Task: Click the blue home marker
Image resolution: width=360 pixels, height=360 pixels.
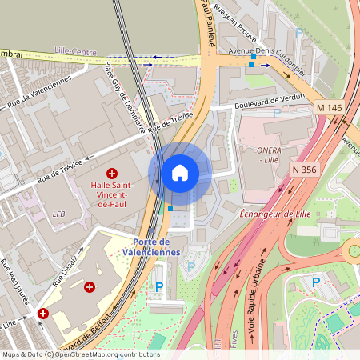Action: coord(180,172)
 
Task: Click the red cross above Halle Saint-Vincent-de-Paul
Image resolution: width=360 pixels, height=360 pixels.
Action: coord(111,173)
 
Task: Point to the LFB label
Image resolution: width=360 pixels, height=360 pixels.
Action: coord(58,214)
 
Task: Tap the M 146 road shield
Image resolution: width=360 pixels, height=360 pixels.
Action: coord(329,107)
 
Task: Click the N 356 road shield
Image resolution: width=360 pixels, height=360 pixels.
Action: coord(305,170)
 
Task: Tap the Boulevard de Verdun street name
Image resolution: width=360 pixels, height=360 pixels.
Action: coord(270,102)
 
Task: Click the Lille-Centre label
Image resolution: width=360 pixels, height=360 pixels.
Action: coord(71,50)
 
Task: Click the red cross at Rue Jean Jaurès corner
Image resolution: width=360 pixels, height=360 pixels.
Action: coord(42,314)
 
